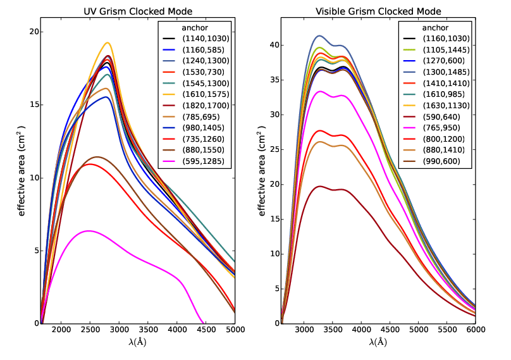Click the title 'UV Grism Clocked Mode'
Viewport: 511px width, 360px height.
[138, 11]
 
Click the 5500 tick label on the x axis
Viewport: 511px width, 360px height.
[447, 330]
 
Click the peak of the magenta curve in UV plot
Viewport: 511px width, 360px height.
[89, 231]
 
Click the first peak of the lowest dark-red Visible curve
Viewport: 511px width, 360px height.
[320, 186]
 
